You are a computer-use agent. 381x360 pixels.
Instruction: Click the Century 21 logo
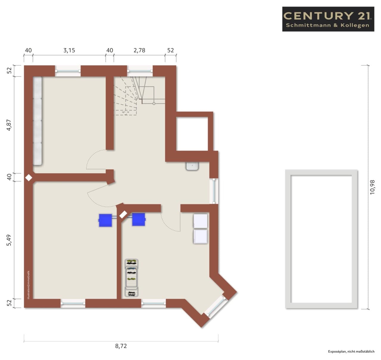tap(328, 19)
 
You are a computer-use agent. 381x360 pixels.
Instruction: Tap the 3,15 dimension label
tap(69, 50)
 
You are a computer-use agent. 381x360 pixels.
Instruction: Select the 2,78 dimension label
tap(139, 50)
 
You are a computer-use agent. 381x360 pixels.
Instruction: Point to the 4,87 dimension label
tap(9, 125)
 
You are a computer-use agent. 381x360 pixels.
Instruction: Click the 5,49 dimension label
tap(9, 240)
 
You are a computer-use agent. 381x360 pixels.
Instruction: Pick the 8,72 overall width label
tap(121, 346)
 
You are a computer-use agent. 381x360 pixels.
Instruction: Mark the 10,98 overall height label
tap(372, 187)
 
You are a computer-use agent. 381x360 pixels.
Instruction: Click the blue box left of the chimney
tap(105, 220)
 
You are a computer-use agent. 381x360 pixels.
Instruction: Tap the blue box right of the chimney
tap(139, 219)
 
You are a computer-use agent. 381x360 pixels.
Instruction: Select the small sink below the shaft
tap(192, 166)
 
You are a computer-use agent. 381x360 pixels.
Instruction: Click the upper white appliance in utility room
tap(200, 221)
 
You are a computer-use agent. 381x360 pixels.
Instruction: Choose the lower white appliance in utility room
tap(200, 237)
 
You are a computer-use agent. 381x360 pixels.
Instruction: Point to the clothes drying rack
tap(131, 278)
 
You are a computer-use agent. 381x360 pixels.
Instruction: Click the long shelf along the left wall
tap(38, 121)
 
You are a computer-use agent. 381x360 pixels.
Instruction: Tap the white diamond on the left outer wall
tap(29, 178)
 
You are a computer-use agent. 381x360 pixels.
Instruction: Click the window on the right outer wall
tap(214, 191)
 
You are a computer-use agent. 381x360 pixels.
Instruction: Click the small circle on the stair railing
tap(154, 104)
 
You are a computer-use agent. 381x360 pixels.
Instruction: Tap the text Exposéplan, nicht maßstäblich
tap(351, 351)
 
